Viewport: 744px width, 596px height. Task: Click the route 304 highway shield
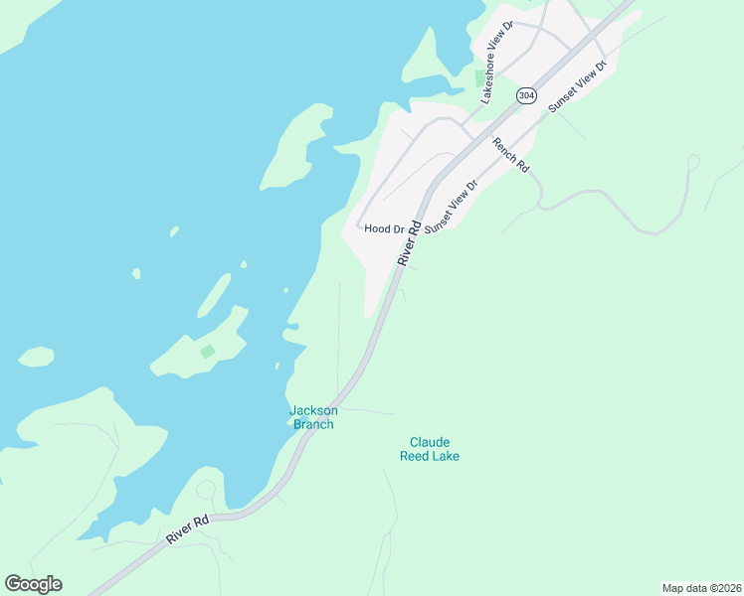(x=526, y=95)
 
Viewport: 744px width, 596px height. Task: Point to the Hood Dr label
(x=384, y=228)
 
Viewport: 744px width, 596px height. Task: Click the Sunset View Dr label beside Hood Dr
(x=452, y=207)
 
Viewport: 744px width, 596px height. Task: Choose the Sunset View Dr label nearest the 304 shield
(x=577, y=84)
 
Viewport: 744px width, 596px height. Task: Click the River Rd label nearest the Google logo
(x=188, y=527)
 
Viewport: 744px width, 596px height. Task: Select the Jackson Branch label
(x=313, y=417)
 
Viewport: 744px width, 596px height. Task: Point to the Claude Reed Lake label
(x=430, y=449)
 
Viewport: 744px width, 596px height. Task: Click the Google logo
(x=33, y=584)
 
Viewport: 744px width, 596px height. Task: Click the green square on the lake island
(x=207, y=352)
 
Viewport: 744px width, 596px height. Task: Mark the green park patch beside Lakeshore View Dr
(x=479, y=78)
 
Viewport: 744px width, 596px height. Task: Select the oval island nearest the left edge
(x=36, y=356)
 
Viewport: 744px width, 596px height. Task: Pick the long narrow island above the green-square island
(x=214, y=294)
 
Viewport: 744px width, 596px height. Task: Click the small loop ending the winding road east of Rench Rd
(x=693, y=161)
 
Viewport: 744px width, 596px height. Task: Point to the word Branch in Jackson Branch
(x=313, y=424)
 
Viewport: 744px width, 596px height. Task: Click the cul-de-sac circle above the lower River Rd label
(x=206, y=490)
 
